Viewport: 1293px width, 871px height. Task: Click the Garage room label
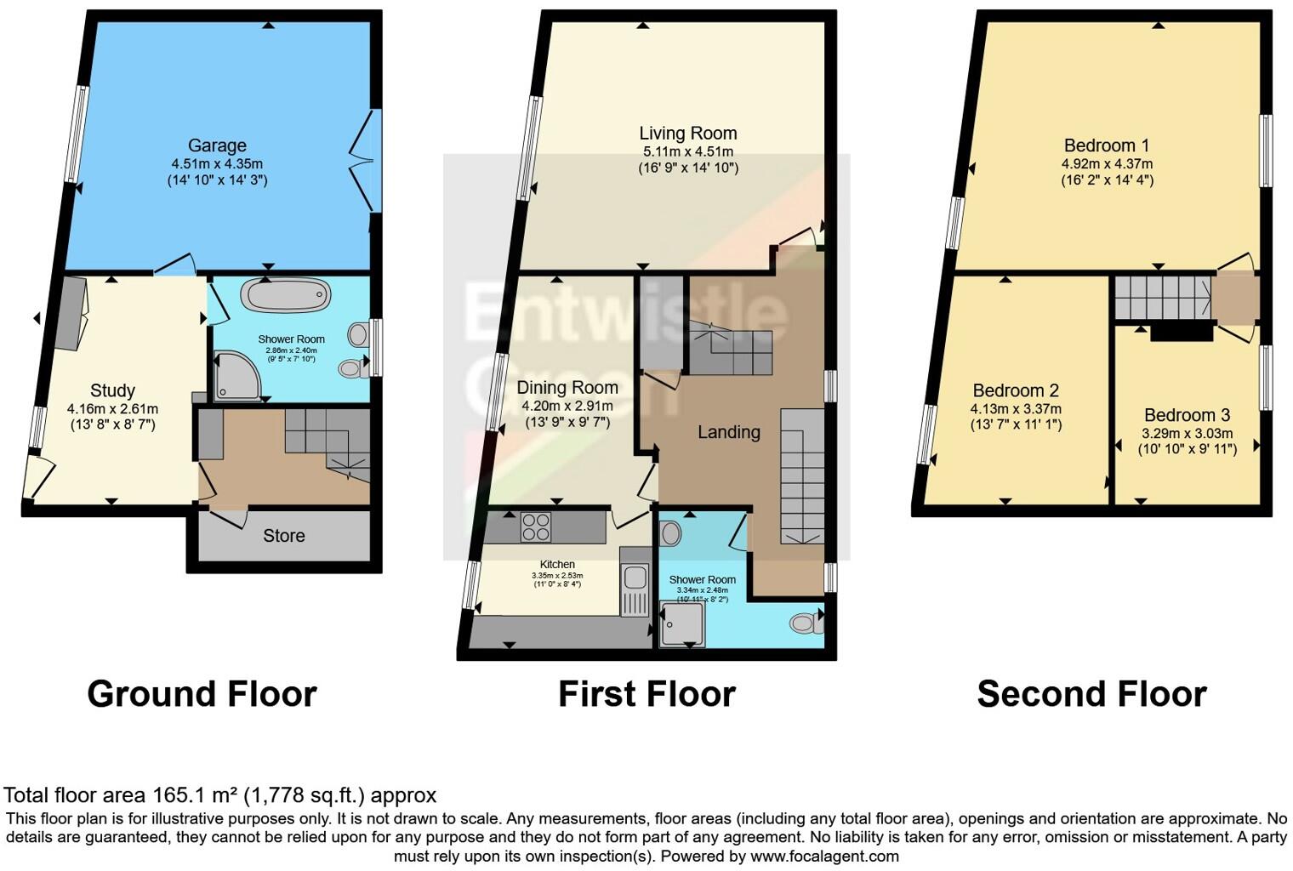click(x=217, y=145)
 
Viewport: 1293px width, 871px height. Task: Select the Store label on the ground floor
click(x=283, y=536)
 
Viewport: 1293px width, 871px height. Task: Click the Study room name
click(x=112, y=390)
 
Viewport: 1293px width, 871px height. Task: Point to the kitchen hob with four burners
click(x=536, y=527)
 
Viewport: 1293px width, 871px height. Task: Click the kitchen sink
click(x=633, y=578)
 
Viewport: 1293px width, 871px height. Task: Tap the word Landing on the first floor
click(x=728, y=432)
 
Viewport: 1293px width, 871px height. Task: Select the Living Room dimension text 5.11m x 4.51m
click(x=687, y=151)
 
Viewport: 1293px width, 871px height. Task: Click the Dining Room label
click(x=567, y=387)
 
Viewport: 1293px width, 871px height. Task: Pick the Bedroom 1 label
click(x=1107, y=145)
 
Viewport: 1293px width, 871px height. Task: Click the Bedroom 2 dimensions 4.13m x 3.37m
click(x=1016, y=409)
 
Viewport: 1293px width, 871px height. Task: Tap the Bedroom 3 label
click(x=1187, y=415)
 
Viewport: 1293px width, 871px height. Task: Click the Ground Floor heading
click(x=202, y=694)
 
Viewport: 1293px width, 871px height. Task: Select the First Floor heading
click(x=646, y=694)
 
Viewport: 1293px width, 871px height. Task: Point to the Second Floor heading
click(x=1091, y=694)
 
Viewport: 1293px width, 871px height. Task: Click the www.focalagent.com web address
click(x=824, y=856)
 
